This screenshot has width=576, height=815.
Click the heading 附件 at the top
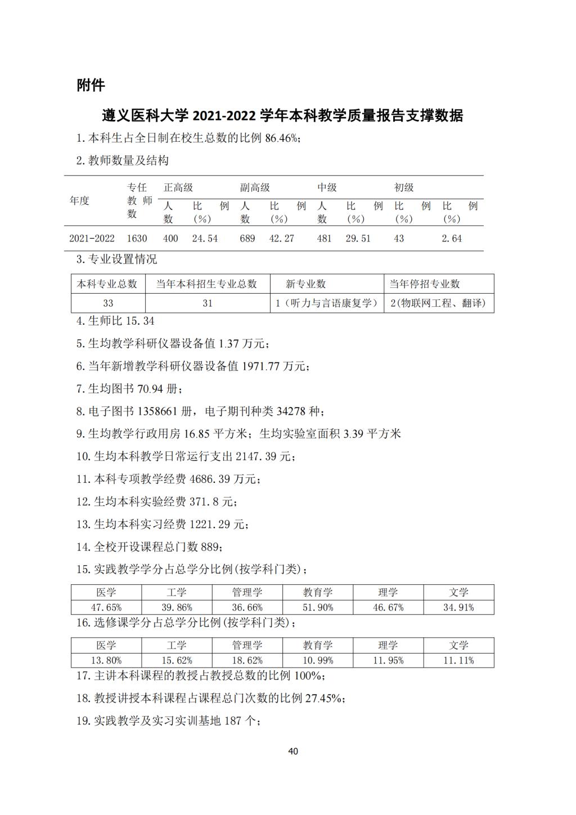click(91, 86)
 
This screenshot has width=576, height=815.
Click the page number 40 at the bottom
click(292, 751)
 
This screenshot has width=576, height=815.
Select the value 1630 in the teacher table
click(137, 239)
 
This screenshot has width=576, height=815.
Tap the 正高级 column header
click(178, 188)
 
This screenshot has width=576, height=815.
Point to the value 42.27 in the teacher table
click(281, 239)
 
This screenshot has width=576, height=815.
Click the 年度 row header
click(79, 201)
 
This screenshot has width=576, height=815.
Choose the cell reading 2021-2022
click(92, 239)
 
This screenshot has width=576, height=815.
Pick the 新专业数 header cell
click(305, 284)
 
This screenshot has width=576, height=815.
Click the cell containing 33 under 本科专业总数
click(108, 303)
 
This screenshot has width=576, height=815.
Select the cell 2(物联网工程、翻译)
click(439, 303)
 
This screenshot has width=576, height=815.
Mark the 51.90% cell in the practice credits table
click(318, 607)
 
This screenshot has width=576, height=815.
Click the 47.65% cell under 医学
click(106, 607)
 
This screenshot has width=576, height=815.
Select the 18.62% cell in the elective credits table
click(247, 660)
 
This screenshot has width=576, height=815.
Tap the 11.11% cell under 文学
click(458, 660)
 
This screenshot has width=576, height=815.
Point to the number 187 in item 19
click(233, 721)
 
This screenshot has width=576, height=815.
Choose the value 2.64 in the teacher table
click(452, 239)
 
